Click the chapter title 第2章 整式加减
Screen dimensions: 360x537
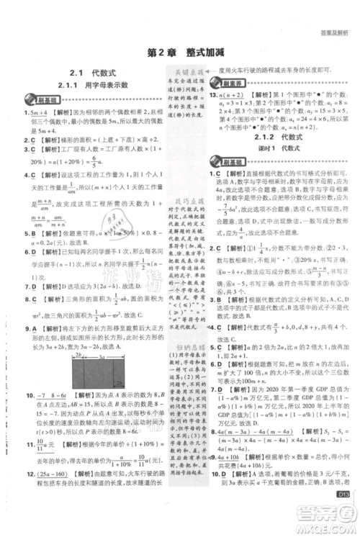[180, 53]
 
